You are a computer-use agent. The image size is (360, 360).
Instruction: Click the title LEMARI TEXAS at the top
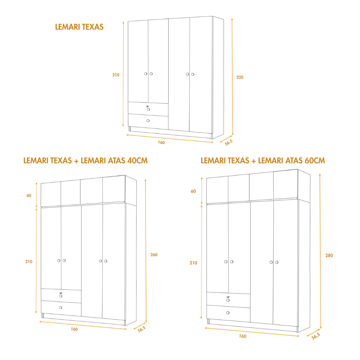point(79,27)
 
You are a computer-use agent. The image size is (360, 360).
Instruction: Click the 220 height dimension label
point(240,77)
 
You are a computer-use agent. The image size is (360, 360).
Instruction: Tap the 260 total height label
point(154,255)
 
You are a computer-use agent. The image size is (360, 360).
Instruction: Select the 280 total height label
point(329,256)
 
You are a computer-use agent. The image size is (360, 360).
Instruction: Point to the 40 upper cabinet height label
point(29,195)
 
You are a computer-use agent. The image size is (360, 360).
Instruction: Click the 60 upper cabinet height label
point(194,191)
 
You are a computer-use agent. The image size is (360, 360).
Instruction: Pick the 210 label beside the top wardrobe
point(116,75)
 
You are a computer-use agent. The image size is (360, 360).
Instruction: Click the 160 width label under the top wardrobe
point(161,143)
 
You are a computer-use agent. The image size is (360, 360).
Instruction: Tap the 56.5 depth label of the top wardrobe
point(228,142)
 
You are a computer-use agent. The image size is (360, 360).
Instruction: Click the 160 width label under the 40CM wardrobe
point(74,329)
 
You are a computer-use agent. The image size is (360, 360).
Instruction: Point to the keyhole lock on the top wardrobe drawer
point(147,106)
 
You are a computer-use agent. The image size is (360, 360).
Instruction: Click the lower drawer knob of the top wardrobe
point(148,121)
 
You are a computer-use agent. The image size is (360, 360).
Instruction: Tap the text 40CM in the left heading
point(137,161)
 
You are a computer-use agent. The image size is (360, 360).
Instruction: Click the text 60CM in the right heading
point(315,161)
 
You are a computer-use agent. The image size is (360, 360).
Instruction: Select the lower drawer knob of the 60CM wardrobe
point(228,313)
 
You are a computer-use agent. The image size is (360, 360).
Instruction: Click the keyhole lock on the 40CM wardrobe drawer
point(60,293)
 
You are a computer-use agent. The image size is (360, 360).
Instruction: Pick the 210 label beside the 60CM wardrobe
point(193,263)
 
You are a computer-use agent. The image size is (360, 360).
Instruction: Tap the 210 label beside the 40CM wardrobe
point(29,262)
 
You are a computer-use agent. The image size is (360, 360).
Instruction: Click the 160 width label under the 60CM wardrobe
point(243,336)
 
